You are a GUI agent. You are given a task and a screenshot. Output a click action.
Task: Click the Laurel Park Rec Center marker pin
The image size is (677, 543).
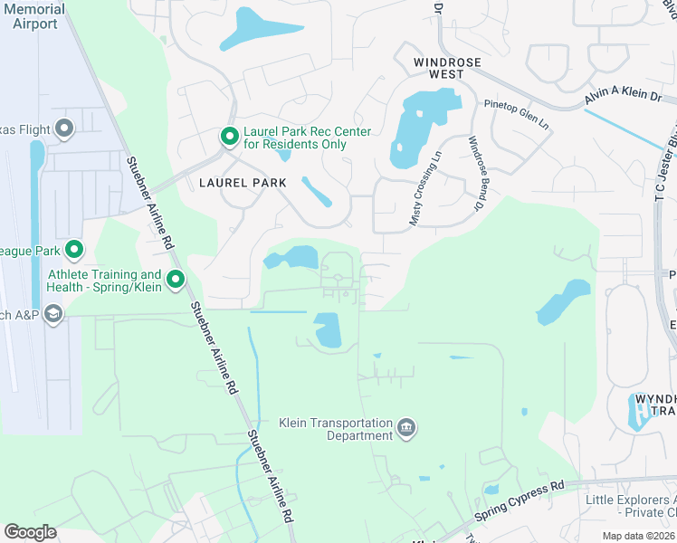point(229,137)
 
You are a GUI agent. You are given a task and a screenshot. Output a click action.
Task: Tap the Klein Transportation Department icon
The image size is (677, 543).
point(406,427)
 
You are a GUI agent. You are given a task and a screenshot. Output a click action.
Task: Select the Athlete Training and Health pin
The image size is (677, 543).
point(176,280)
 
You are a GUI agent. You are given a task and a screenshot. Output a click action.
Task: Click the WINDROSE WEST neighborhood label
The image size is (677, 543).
point(447,62)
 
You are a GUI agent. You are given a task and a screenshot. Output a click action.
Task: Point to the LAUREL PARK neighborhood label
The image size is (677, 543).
point(242,182)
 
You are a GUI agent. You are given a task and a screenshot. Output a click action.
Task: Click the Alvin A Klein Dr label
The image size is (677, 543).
point(623,99)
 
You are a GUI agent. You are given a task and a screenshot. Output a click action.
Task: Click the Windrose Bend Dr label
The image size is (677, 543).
point(472,174)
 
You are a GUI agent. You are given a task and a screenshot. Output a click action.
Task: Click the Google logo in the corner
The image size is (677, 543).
point(29,532)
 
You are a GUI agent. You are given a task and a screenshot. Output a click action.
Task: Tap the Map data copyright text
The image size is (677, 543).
point(637,536)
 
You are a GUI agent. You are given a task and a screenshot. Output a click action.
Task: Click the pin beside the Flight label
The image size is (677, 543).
point(63,129)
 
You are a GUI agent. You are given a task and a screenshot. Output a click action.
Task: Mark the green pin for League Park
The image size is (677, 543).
point(74,250)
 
